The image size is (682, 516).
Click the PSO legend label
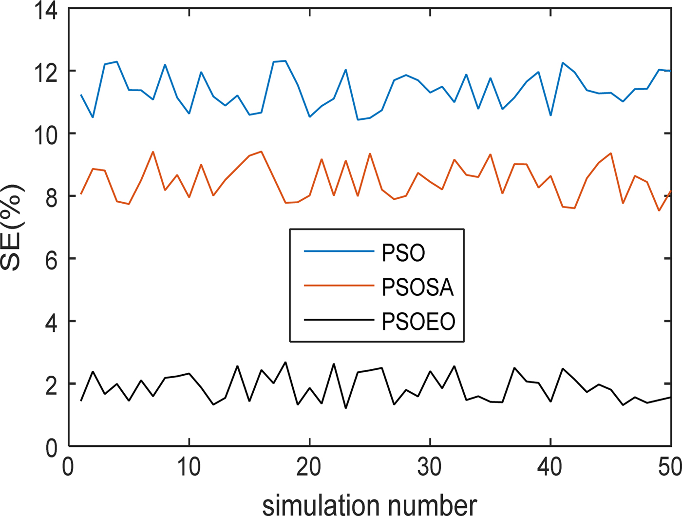pos(403,253)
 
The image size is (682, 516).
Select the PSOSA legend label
pos(417,287)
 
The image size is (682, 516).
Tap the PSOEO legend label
pos(418,322)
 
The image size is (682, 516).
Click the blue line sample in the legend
pos(339,252)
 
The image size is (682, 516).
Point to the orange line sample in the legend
pos(339,286)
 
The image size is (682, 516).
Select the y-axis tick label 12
pos(45,71)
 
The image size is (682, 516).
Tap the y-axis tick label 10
pos(45,134)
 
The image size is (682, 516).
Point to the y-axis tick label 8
pos(51,196)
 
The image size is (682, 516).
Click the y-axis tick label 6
pos(51,259)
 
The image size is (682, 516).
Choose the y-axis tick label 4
pos(51,322)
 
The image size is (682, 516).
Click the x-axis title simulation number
pos(370,504)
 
